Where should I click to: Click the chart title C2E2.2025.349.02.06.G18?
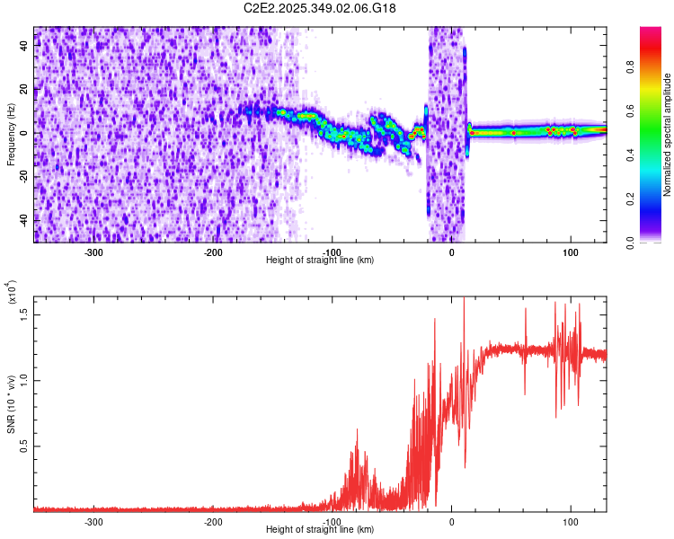320,8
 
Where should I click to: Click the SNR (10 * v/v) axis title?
11,402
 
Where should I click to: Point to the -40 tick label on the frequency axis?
24,218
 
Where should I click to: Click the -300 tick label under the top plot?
94,252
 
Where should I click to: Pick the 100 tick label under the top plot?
570,252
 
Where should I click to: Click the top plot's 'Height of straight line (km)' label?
320,260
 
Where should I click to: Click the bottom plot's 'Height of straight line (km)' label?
320,529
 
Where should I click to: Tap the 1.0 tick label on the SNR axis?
25,380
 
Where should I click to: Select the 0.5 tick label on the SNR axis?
25,446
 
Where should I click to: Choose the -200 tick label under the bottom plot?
213,521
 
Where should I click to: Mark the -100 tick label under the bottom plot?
332,521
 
